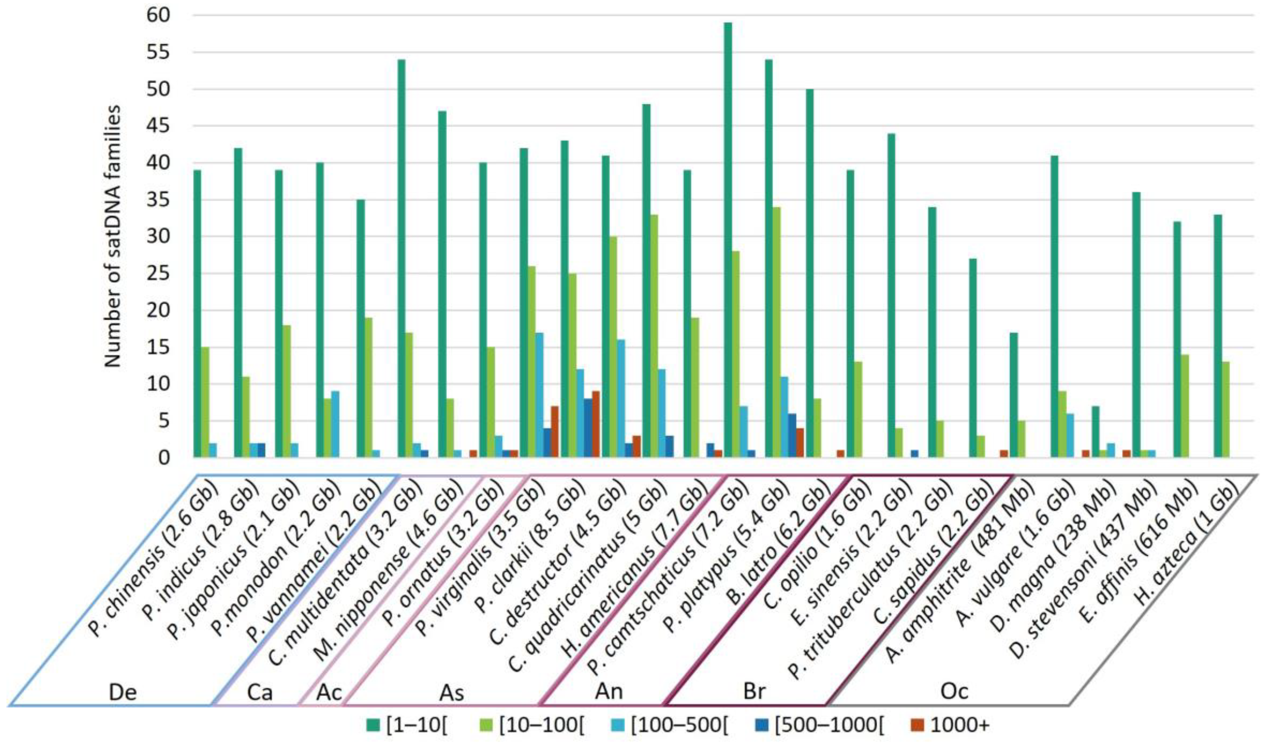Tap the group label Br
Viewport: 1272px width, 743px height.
755,691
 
